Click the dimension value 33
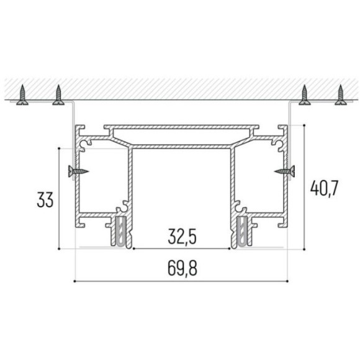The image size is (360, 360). [x=45, y=199]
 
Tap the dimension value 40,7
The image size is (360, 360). [x=324, y=188]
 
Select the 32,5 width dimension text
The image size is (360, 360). [x=182, y=236]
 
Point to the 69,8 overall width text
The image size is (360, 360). [x=182, y=268]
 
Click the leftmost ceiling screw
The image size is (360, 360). [x=22, y=94]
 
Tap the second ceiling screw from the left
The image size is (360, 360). [x=58, y=94]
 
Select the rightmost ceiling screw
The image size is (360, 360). [x=341, y=94]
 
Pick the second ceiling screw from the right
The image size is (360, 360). [x=304, y=94]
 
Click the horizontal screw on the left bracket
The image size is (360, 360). [x=78, y=171]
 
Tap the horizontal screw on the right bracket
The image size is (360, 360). [x=284, y=171]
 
